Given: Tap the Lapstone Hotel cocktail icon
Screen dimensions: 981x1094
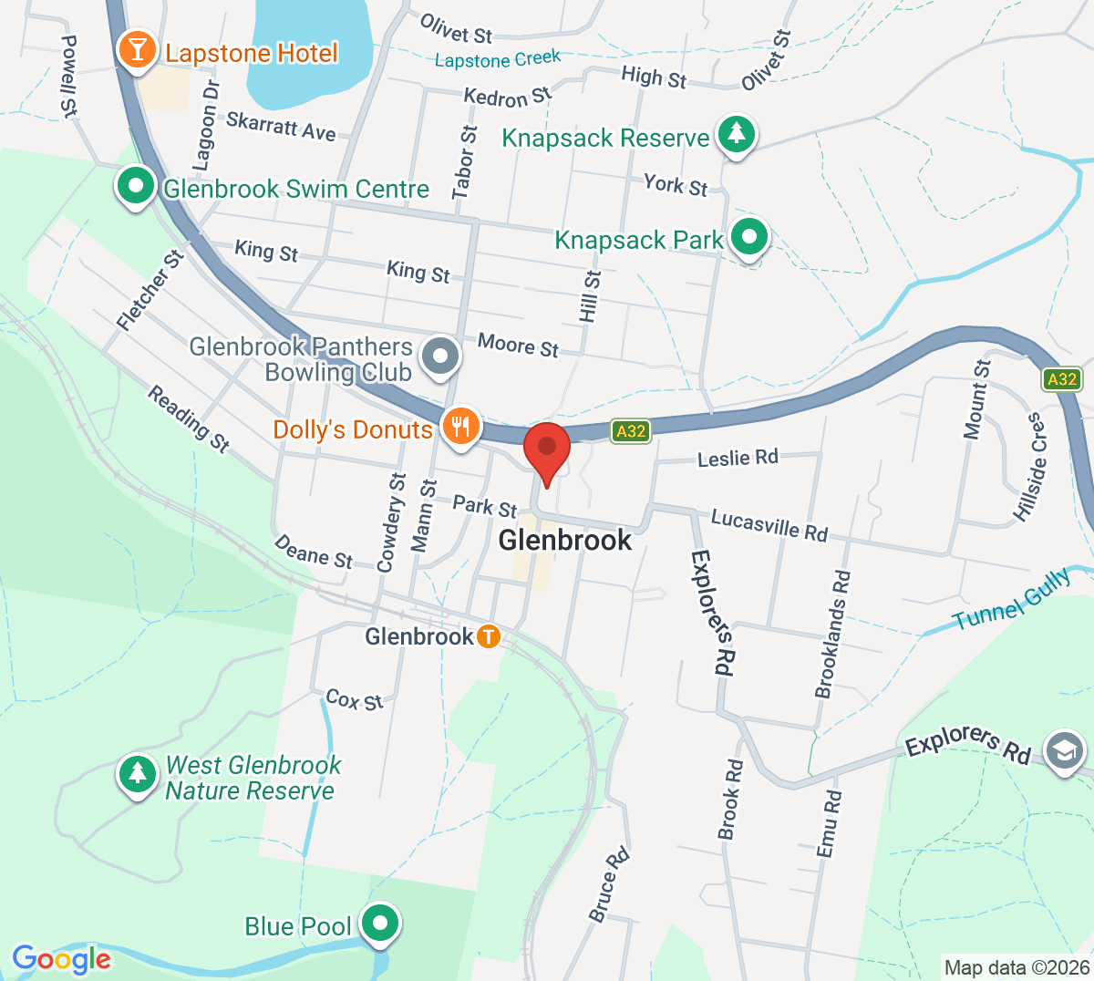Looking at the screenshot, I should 137,50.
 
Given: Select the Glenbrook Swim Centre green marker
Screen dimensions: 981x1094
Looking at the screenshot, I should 136,187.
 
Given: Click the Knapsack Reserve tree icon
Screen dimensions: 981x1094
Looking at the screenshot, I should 737,135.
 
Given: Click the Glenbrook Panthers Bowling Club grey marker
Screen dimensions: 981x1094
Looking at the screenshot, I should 442,355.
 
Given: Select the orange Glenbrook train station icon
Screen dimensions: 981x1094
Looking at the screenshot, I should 489,636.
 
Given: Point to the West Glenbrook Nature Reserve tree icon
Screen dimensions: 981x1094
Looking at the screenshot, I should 138,774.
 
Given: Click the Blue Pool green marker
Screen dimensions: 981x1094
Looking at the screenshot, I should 379,924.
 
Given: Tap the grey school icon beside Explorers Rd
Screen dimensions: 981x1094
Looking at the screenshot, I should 1064,751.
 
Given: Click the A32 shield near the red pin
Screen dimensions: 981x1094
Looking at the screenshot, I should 631,431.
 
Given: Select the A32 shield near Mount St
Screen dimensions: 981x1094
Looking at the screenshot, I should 1062,379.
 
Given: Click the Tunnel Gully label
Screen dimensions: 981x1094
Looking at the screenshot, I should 1012,600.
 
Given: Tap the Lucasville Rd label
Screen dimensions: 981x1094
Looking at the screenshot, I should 769,524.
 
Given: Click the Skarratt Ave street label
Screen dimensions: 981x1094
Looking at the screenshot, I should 281,126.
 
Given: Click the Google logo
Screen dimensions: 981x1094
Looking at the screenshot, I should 61,959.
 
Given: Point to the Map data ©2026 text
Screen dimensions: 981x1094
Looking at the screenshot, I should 1017,967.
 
